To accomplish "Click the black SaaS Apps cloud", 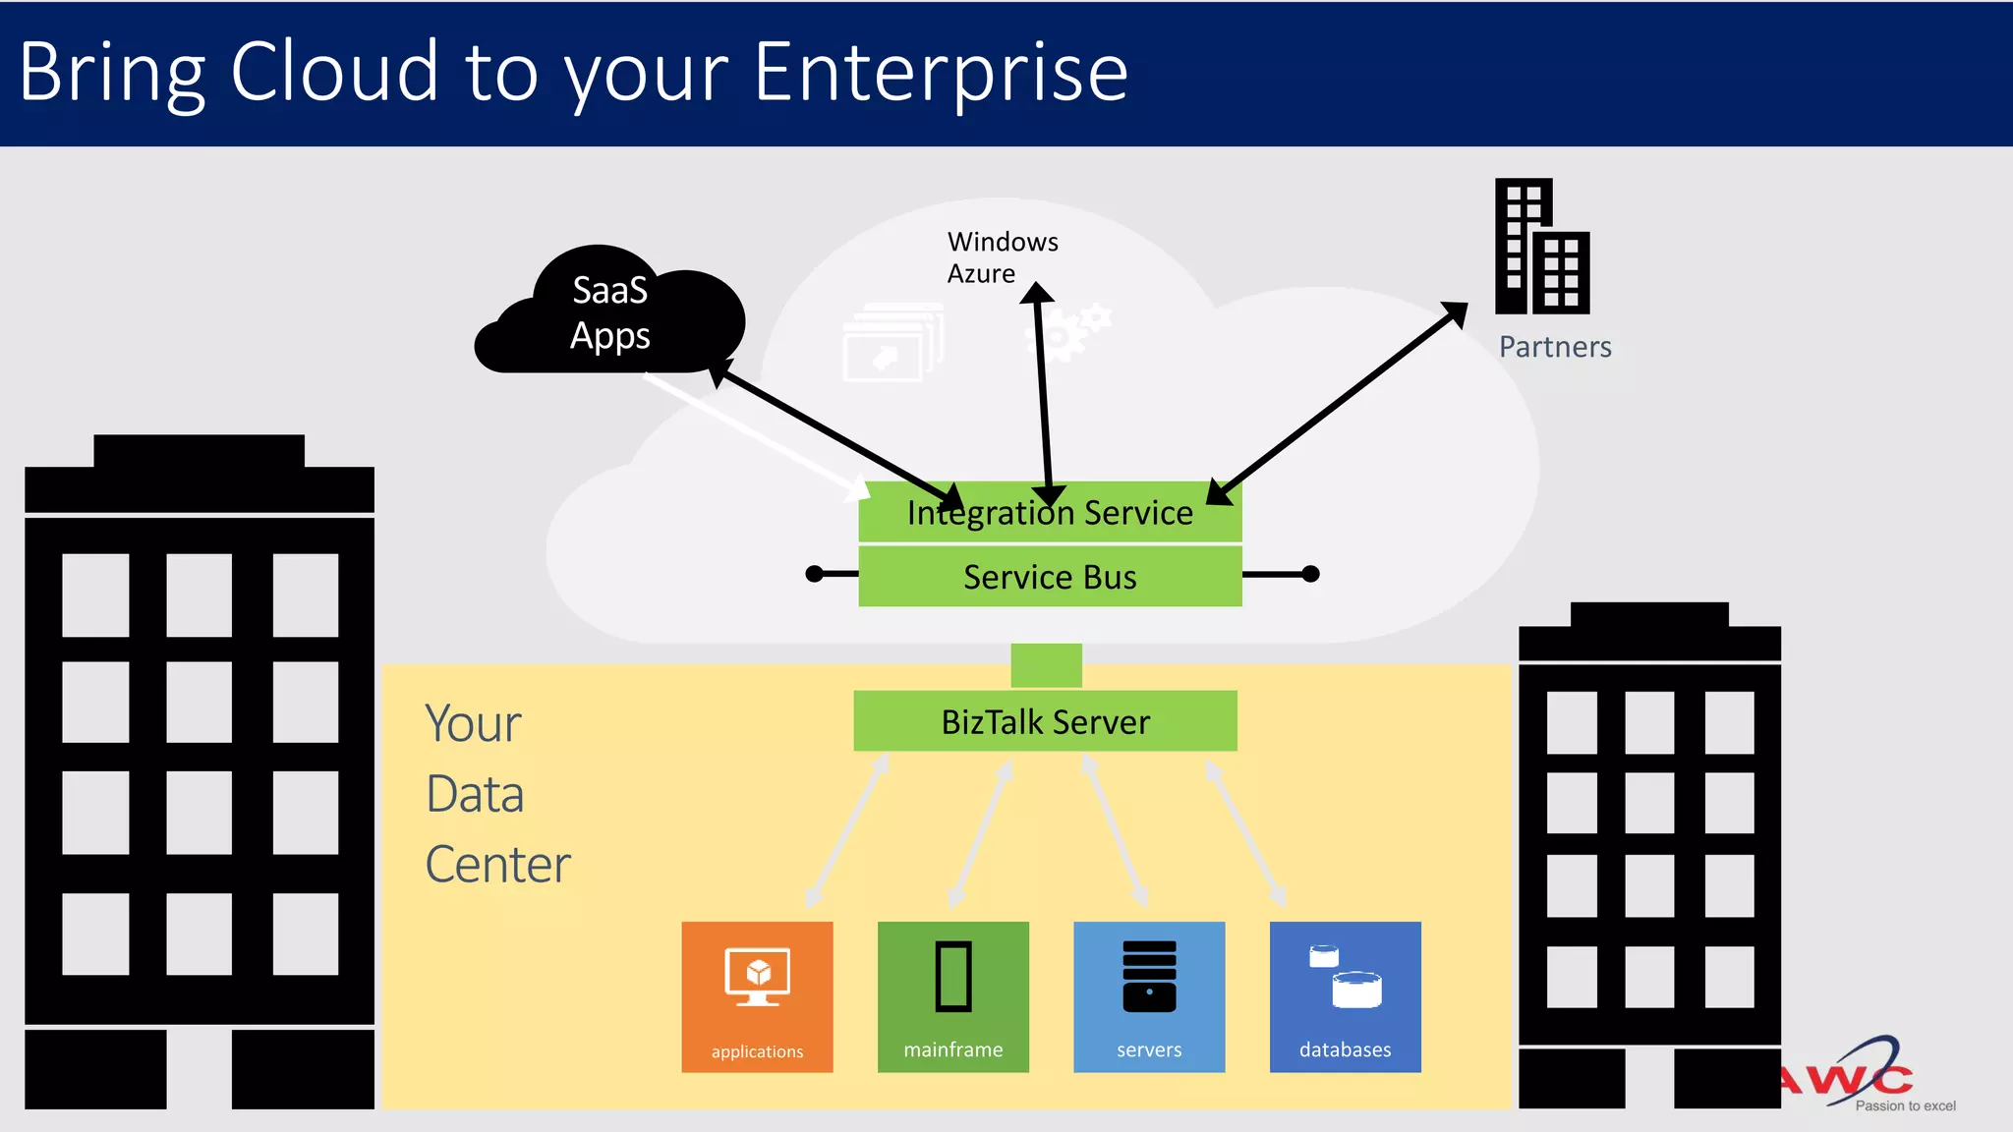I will tap(609, 313).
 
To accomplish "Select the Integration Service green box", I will tap(1050, 512).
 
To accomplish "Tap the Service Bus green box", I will tap(1050, 577).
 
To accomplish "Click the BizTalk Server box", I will tap(1045, 721).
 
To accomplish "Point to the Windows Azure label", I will tap(1002, 256).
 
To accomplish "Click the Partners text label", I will tap(1554, 347).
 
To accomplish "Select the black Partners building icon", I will tap(1541, 247).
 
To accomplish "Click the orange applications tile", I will tap(757, 996).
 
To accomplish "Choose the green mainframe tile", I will tap(952, 996).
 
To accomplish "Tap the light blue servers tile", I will tap(1149, 996).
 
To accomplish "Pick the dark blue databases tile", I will tap(1345, 996).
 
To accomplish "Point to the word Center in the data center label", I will tap(497, 865).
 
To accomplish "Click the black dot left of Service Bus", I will tap(814, 574).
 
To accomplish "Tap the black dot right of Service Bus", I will tap(1310, 574).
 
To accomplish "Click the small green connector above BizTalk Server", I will tap(1046, 665).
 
